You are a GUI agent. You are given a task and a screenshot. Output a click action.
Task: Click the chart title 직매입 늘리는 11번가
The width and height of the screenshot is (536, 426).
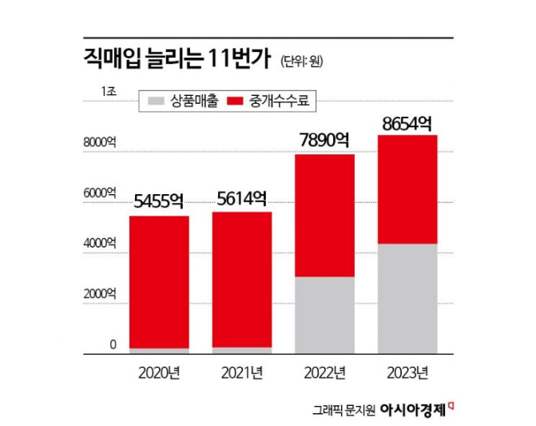point(177,58)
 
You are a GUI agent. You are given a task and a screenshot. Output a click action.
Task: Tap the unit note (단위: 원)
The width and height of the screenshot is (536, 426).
point(302,60)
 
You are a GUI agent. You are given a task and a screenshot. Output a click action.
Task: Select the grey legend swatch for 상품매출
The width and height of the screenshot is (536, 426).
point(156,102)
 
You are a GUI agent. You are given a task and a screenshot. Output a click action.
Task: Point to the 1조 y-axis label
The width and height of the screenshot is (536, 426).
point(109,90)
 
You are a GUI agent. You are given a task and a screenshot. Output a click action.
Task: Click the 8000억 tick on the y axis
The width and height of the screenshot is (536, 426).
point(100,142)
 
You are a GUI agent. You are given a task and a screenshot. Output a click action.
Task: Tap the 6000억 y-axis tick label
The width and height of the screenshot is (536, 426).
point(100,193)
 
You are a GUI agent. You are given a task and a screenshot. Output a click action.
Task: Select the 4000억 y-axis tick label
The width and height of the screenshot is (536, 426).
point(100,242)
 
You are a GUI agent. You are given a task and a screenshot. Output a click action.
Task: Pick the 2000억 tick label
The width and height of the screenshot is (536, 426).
point(100,293)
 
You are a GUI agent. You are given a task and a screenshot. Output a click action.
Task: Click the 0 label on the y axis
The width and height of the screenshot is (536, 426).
point(113,344)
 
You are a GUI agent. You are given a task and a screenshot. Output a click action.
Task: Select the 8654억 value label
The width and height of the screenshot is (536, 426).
point(407,123)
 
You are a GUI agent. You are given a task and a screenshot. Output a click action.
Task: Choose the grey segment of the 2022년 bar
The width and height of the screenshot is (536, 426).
point(324,315)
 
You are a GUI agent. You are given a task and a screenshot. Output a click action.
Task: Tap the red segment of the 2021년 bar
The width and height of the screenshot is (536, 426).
point(242,280)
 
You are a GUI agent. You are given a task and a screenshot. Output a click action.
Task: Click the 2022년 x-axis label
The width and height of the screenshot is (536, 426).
point(324,372)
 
